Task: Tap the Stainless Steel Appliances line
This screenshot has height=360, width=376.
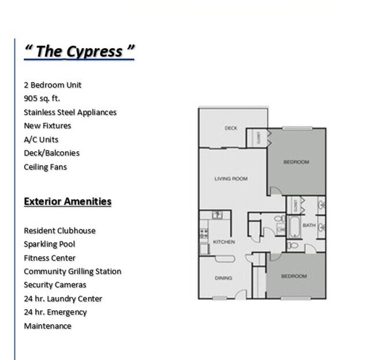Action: tap(70, 112)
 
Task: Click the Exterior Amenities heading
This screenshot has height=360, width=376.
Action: tap(68, 201)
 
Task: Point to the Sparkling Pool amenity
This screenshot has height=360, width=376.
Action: tap(49, 244)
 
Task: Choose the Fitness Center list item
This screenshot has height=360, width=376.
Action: tap(50, 258)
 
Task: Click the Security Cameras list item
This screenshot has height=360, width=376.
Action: tap(55, 285)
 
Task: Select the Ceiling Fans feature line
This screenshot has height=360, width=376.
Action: tap(45, 167)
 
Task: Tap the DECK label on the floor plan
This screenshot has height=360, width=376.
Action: tap(231, 128)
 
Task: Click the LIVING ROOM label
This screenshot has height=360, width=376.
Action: tap(231, 179)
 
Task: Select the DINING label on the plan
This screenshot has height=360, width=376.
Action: tap(223, 278)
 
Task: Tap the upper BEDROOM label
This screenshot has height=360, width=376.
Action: tap(296, 163)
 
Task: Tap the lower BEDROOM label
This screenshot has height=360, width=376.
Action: tap(294, 277)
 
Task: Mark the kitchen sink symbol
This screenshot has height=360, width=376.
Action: tap(217, 215)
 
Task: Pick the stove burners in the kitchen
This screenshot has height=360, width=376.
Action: tap(204, 234)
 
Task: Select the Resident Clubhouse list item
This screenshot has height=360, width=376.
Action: tap(60, 230)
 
